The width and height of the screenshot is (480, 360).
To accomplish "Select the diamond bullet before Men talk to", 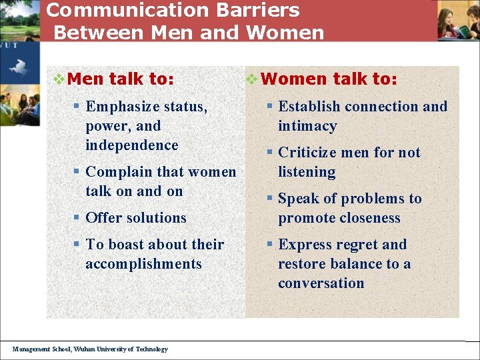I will click(x=59, y=79).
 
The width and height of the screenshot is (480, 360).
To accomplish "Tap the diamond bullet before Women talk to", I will click(x=251, y=79).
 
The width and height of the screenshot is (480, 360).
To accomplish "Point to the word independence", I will click(x=132, y=145).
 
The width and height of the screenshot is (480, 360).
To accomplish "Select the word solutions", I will click(x=156, y=218).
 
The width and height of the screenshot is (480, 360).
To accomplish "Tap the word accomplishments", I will click(x=143, y=264).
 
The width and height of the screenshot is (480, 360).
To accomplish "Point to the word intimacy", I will click(x=307, y=126).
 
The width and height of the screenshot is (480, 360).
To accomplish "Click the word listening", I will click(x=307, y=172).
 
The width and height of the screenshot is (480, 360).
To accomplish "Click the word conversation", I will click(x=321, y=283).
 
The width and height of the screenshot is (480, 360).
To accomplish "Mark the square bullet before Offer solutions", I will click(x=78, y=218).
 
